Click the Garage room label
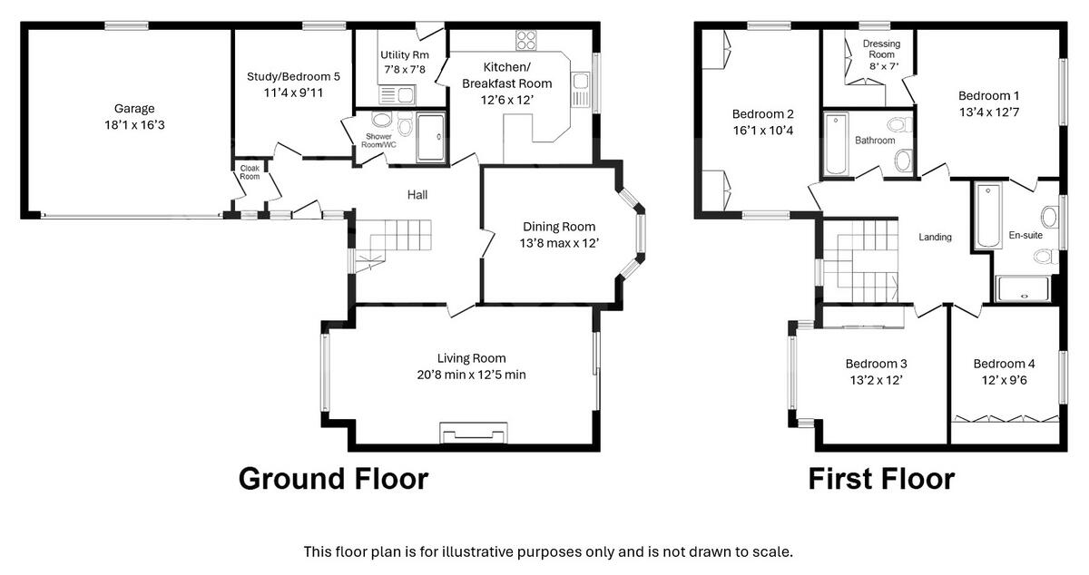click(133, 109)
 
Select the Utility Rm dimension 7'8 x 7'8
click(404, 69)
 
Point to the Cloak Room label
click(250, 171)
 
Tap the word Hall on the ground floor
click(417, 194)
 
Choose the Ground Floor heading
click(332, 478)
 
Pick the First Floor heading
click(881, 478)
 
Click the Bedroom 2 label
click(763, 114)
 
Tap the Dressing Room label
click(880, 49)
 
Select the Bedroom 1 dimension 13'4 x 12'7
click(989, 112)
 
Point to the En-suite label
click(1025, 236)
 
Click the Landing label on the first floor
click(935, 238)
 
